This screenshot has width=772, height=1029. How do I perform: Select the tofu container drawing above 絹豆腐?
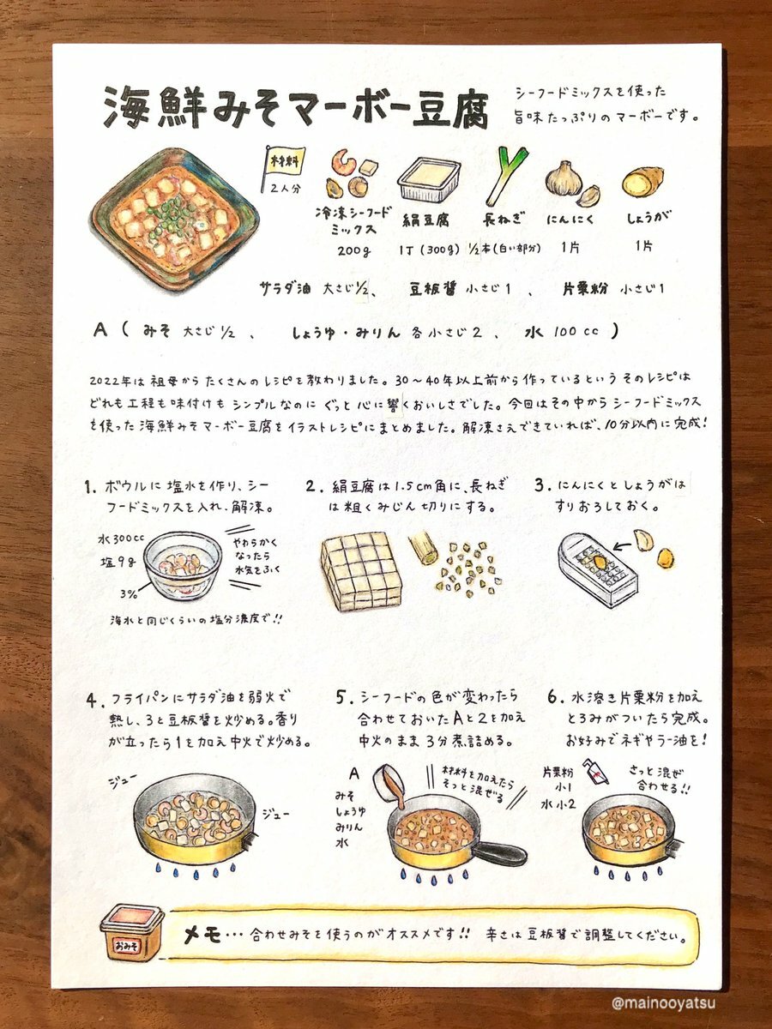(x=428, y=180)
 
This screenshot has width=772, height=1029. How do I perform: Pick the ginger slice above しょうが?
(x=643, y=182)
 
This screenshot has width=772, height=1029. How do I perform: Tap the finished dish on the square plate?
(x=174, y=220)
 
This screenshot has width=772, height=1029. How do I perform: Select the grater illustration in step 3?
(x=598, y=570)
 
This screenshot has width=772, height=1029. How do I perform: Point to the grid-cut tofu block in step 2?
(x=361, y=572)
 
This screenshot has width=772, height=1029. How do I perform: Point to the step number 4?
(x=93, y=701)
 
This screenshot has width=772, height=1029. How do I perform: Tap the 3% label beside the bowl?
(x=129, y=594)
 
